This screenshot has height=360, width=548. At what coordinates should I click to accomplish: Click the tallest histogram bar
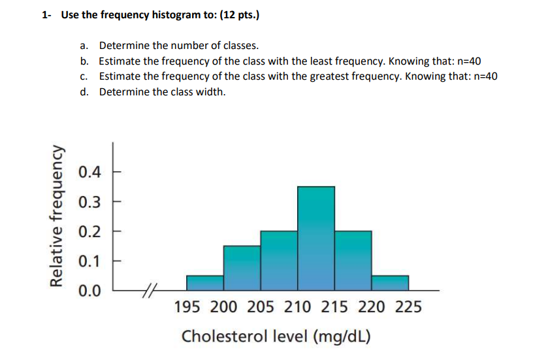click(316, 238)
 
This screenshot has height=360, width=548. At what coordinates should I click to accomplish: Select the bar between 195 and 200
click(205, 282)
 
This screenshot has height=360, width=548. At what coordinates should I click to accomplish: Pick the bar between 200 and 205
click(242, 267)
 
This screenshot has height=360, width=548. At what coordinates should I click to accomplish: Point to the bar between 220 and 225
click(390, 282)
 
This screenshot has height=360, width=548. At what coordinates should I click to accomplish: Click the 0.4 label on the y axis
click(89, 172)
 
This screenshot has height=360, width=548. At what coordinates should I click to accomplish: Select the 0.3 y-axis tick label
click(89, 202)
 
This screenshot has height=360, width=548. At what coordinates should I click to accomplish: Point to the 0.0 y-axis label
click(89, 290)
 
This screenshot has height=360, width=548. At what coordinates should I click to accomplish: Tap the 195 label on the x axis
click(187, 307)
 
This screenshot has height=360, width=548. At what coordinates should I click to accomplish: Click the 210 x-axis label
click(298, 307)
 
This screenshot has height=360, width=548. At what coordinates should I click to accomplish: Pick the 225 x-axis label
click(408, 307)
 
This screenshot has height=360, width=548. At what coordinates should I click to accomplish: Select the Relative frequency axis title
click(58, 216)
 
